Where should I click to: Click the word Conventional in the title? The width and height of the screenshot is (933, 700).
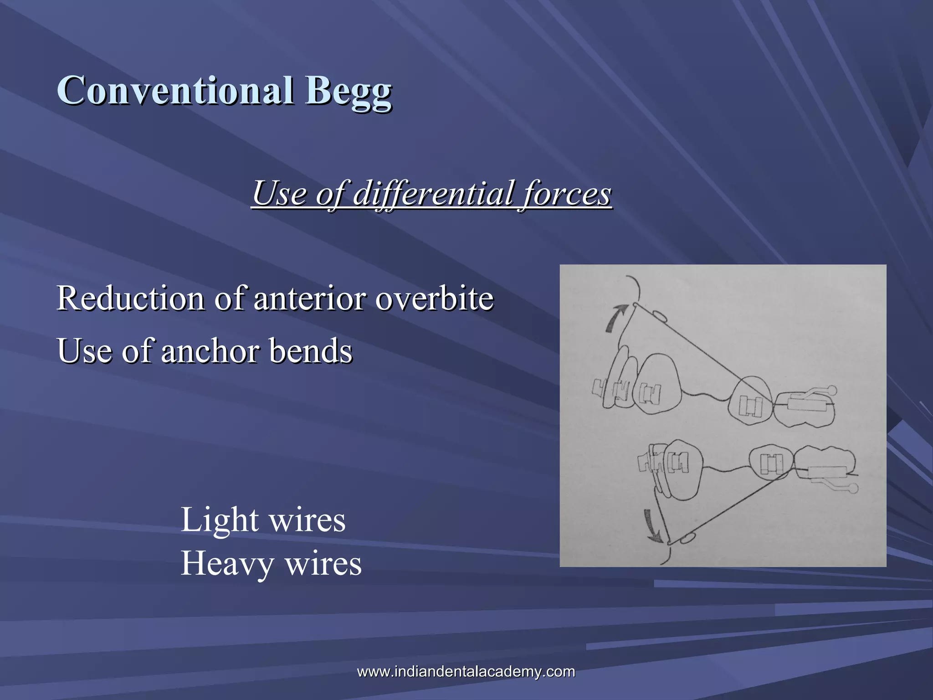(x=175, y=90)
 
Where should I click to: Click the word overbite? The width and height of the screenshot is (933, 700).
(x=435, y=299)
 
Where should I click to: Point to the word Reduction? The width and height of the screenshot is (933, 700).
(x=130, y=299)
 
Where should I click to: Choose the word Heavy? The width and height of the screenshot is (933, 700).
(x=227, y=564)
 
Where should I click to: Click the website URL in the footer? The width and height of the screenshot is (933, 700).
(x=466, y=671)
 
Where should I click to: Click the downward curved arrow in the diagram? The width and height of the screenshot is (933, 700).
(x=652, y=527)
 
